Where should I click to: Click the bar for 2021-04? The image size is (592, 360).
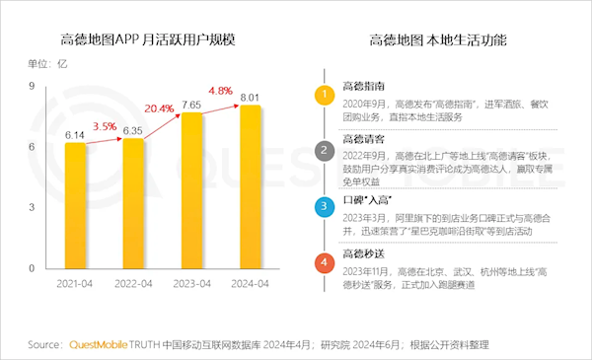[x=76, y=206]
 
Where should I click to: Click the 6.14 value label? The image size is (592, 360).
[x=76, y=132]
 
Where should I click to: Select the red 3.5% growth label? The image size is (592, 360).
[x=105, y=127]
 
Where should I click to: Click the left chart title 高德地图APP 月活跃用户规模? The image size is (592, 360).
[x=148, y=40]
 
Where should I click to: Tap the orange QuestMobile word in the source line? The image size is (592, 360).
[x=103, y=344]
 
